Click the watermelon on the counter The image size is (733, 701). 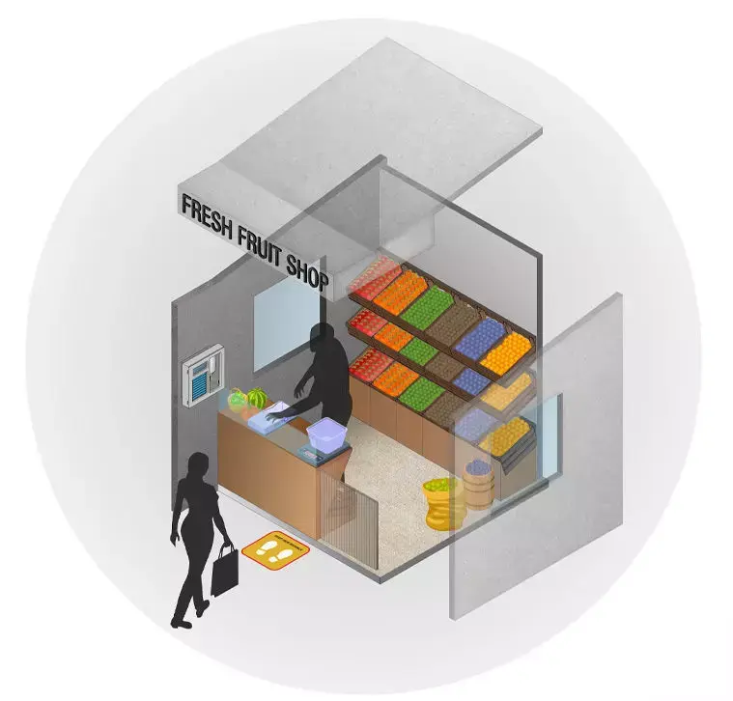[257, 398]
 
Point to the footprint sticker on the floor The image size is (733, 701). [275, 550]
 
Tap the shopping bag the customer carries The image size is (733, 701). [224, 570]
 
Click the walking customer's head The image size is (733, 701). [198, 466]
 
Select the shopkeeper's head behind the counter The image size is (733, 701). [322, 336]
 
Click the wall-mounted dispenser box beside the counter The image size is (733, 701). [204, 376]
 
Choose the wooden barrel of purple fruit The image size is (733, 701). [479, 484]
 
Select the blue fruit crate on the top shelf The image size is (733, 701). [481, 338]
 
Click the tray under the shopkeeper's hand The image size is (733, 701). [272, 417]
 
